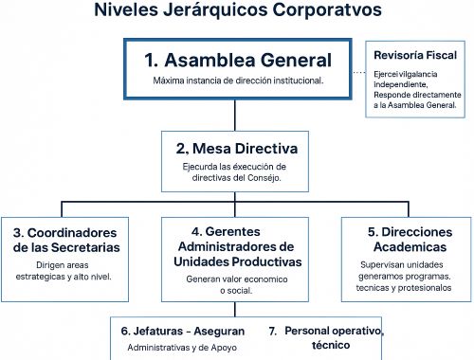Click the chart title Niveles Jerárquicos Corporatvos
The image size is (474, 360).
click(x=238, y=12)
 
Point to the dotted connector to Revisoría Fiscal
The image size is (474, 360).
click(x=357, y=72)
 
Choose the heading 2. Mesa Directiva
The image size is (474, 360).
click(x=237, y=149)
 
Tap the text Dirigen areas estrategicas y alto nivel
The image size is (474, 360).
click(x=65, y=271)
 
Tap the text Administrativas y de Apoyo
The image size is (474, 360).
click(x=179, y=349)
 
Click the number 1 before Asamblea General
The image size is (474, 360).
click(x=150, y=60)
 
